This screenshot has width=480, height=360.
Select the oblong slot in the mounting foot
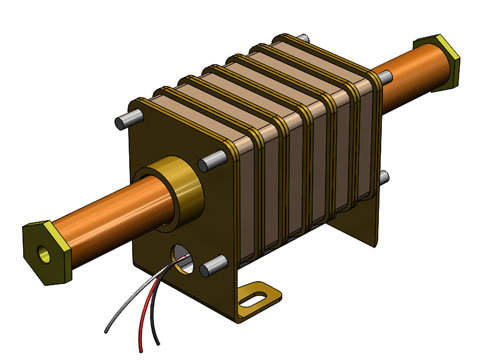point(258,297)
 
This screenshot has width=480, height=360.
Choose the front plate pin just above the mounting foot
point(213,267)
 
